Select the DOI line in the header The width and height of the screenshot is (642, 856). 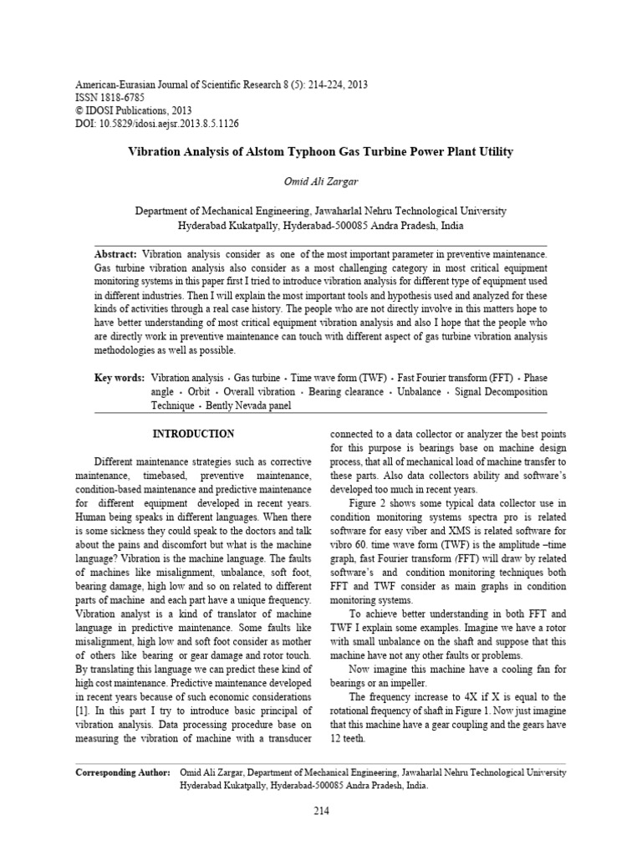point(158,123)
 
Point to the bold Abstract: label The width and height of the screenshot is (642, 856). point(115,253)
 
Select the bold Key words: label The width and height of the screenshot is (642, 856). point(119,378)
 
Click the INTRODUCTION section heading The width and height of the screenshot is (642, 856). point(193,434)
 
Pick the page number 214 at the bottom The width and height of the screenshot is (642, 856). point(321,811)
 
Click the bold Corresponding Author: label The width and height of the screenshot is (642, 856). point(123,773)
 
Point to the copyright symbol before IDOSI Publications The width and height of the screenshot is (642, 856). point(79,110)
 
